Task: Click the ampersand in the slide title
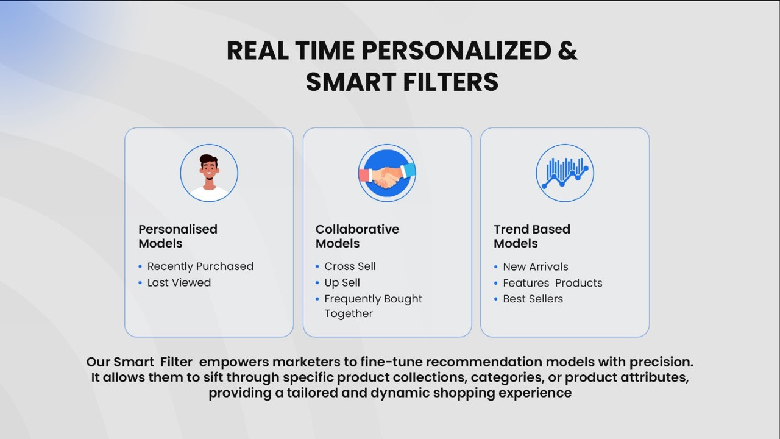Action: (567, 51)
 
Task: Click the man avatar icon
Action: (209, 173)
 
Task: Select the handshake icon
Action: (387, 173)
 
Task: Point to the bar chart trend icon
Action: (565, 173)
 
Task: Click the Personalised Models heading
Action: (178, 236)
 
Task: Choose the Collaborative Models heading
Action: (357, 236)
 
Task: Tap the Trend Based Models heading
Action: (532, 236)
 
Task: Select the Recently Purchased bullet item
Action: (200, 266)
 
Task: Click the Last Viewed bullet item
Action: (179, 283)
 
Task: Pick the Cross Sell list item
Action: (350, 266)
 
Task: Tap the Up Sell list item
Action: (342, 283)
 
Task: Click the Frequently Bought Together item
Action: (372, 305)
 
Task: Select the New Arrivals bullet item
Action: (535, 267)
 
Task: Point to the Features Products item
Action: (552, 283)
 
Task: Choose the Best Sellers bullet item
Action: (533, 299)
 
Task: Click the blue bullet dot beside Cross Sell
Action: (317, 266)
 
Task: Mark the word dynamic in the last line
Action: (399, 393)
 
